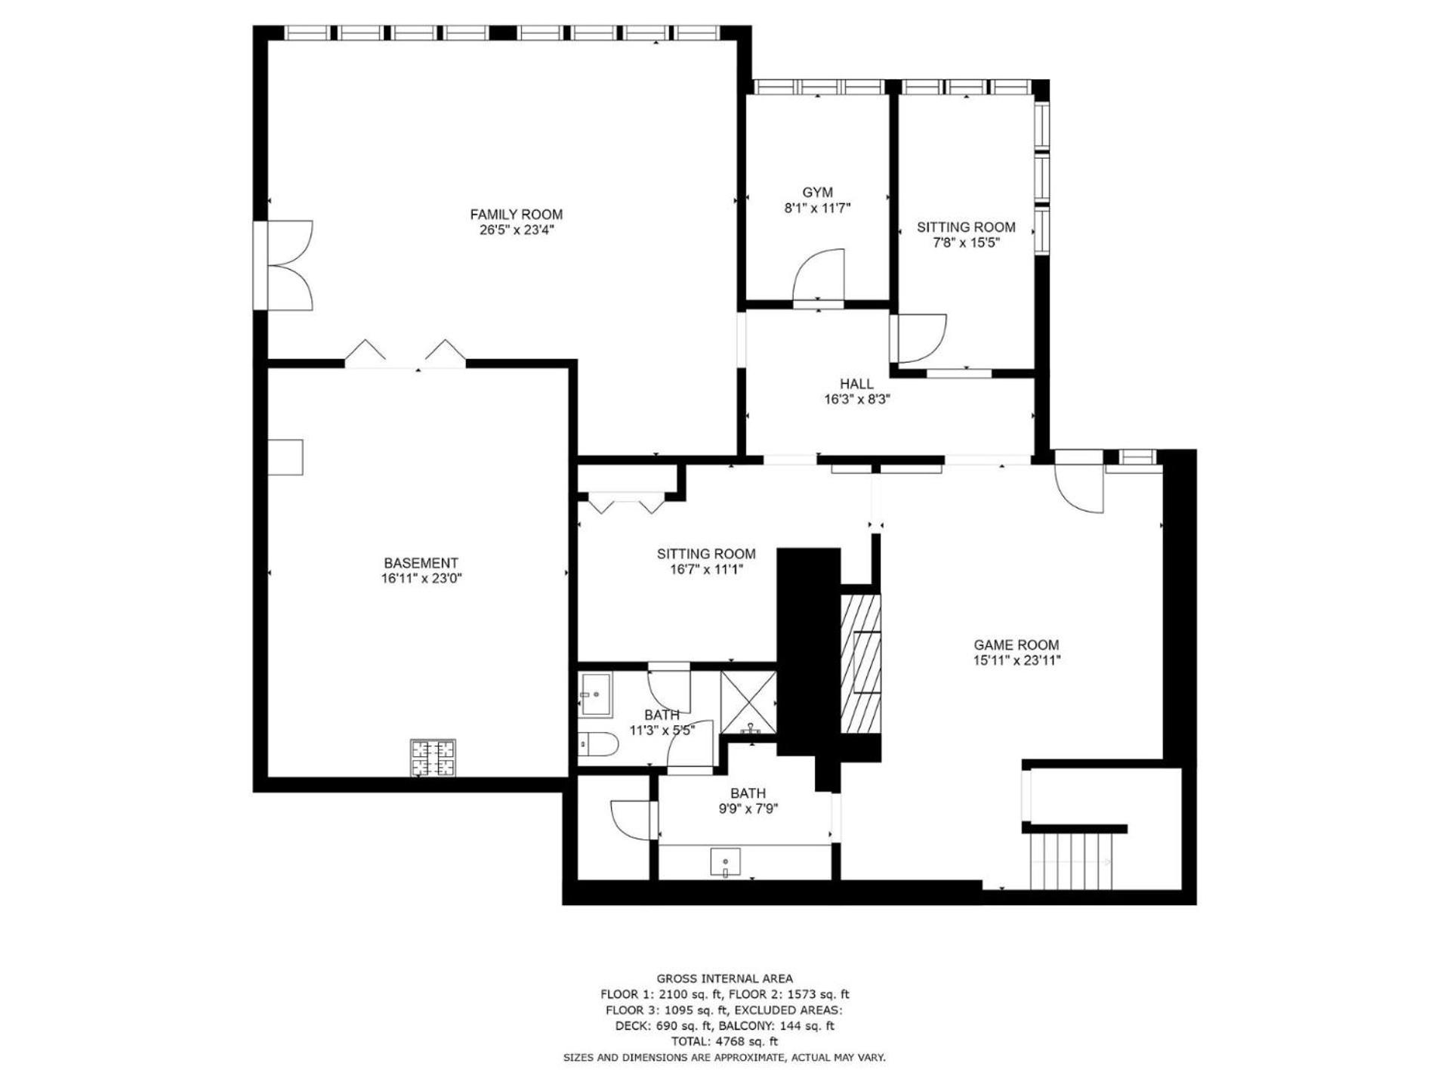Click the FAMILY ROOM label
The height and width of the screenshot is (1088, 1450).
(x=516, y=215)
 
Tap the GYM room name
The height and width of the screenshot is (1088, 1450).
(x=817, y=193)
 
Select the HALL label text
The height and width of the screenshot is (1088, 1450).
(x=856, y=384)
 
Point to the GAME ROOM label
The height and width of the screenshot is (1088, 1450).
(x=1016, y=645)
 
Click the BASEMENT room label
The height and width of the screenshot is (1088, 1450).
(x=421, y=563)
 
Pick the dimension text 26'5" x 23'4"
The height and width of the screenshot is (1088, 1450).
(x=517, y=230)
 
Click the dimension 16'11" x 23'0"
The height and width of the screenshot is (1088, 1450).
(x=421, y=579)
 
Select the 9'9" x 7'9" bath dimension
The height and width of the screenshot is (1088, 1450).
(x=748, y=809)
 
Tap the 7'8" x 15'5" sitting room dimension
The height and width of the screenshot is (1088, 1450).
(x=966, y=243)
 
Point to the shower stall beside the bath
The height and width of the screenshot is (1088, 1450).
(x=748, y=702)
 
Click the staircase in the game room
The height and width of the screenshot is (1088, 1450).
(x=1072, y=861)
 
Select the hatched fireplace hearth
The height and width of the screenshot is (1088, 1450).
(x=861, y=663)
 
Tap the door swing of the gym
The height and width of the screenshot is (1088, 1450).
(x=819, y=275)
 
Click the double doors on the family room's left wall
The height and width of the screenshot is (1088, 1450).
(x=283, y=264)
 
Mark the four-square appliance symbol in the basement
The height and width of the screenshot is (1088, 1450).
(x=433, y=758)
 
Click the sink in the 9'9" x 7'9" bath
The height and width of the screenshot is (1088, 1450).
(x=726, y=862)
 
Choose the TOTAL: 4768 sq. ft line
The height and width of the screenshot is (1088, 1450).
(x=724, y=1042)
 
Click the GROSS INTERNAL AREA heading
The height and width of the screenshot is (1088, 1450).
(x=724, y=978)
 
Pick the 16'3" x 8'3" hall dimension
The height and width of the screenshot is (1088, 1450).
(x=857, y=400)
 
